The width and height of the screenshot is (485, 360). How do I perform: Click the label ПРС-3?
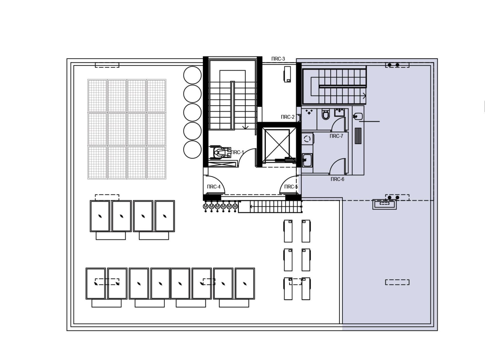pyautogui.click(x=278, y=59)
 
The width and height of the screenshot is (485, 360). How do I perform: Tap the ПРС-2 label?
pyautogui.click(x=288, y=117)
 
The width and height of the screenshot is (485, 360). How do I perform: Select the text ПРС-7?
pyautogui.click(x=336, y=136)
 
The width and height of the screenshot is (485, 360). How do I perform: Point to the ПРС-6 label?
pyautogui.click(x=337, y=179)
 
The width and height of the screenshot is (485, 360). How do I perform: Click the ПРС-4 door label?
pyautogui.click(x=213, y=187)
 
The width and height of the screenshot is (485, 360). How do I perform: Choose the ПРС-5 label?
pyautogui.click(x=291, y=187)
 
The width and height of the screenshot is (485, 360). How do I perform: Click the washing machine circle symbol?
pyautogui.click(x=307, y=139)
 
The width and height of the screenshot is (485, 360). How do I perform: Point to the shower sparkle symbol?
pyautogui.click(x=309, y=112)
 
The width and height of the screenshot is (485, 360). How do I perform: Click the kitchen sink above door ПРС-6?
pyautogui.click(x=307, y=160)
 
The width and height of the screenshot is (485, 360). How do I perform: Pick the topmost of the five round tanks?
pyautogui.click(x=192, y=75)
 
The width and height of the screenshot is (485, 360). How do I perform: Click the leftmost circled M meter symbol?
pyautogui.click(x=205, y=206)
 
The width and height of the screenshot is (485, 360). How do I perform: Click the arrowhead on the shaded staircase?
pyautogui.click(x=364, y=96)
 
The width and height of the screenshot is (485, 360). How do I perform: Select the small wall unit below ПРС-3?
pyautogui.click(x=287, y=74)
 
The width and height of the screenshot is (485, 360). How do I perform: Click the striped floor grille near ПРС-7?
pyautogui.click(x=358, y=136)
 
